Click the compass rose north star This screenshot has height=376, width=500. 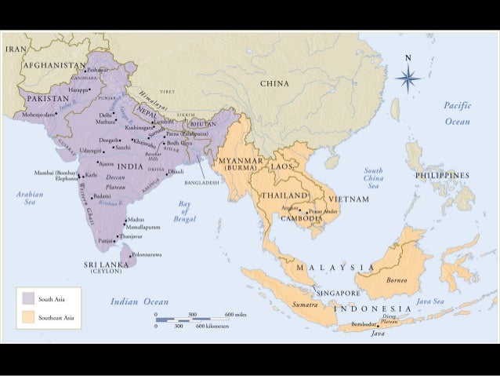click(408, 77)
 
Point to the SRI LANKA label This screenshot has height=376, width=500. click(107, 265)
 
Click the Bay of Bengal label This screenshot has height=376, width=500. click(181, 210)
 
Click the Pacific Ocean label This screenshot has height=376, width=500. click(457, 113)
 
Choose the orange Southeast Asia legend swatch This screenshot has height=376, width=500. click(27, 318)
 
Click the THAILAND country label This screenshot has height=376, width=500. click(283, 194)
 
